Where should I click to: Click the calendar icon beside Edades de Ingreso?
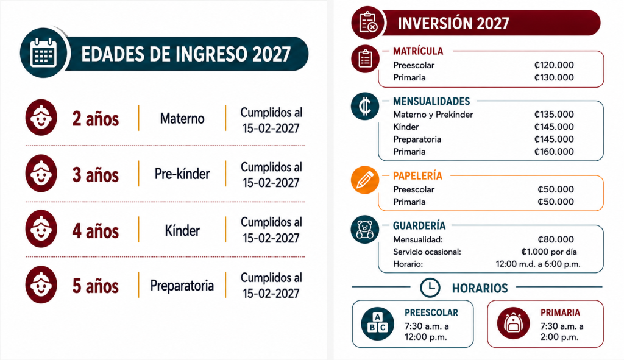tap(44, 53)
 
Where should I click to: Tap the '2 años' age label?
tap(96, 119)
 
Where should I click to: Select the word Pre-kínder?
tap(182, 174)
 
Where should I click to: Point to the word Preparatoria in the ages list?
tap(182, 285)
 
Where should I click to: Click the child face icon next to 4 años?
tap(41, 229)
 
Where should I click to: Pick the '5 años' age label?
tap(96, 286)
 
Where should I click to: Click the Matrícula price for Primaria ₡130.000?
tap(554, 77)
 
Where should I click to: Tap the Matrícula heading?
tap(418, 51)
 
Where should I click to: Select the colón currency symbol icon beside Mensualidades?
tap(365, 106)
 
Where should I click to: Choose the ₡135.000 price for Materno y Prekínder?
tap(554, 114)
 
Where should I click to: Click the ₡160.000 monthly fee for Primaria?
tap(554, 152)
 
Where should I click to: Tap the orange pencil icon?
tap(365, 180)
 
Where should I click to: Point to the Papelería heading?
tap(417, 176)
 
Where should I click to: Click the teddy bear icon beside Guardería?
tap(365, 230)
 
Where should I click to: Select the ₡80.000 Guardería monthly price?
tap(556, 239)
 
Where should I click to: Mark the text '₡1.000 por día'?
tap(549, 252)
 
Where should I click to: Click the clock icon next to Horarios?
tap(430, 288)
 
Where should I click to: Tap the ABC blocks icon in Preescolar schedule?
tap(378, 324)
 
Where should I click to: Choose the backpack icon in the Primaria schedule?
tap(513, 323)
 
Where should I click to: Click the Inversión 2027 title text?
tap(453, 23)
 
